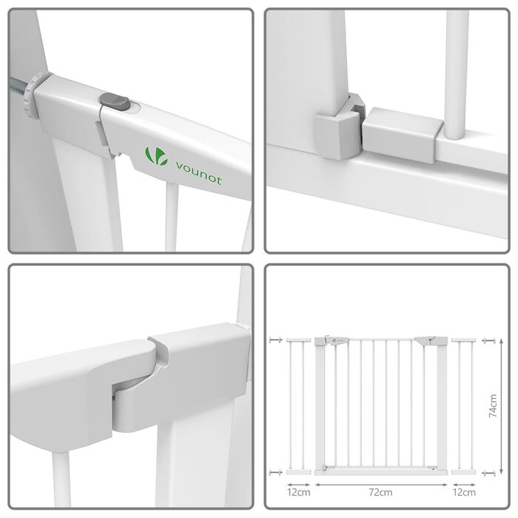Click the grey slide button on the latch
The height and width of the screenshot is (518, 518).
point(115,101)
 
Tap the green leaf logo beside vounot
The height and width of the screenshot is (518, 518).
point(156,156)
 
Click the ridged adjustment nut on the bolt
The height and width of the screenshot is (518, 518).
point(33,95)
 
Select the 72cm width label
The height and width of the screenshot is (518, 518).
point(380,493)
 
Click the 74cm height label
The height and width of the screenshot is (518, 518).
point(493,406)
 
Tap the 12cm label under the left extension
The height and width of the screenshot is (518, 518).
point(299,493)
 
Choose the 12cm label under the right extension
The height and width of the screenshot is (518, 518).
point(464,493)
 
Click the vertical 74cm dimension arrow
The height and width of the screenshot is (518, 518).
point(502,406)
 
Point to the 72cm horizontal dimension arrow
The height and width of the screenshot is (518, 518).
point(381,485)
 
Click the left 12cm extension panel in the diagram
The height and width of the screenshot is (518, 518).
point(299,406)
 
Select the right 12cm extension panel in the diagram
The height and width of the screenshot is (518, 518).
point(464,406)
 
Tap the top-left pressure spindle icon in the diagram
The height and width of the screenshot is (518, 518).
point(275,340)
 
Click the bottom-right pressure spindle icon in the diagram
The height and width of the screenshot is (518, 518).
point(488,473)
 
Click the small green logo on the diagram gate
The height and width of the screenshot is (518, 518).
point(334,340)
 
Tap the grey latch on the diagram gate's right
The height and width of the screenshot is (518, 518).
point(425,341)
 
